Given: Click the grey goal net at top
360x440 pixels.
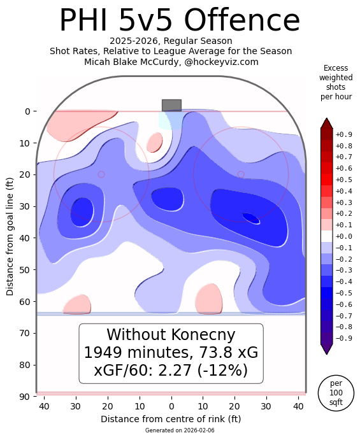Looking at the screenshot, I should pos(171,105).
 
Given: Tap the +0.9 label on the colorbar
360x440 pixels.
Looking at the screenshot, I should pos(343,134).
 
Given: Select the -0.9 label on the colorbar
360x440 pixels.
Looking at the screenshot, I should pos(343,339).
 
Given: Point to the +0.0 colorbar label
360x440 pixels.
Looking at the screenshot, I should pos(343,237).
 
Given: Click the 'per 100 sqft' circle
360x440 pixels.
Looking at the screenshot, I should pos(336,392).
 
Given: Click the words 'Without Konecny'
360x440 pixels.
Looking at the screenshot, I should pos(171,335).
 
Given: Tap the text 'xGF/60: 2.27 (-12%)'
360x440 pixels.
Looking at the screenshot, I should pos(171,370).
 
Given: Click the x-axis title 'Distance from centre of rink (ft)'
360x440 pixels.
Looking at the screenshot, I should pos(171,419).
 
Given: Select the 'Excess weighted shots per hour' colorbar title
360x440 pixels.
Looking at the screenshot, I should pos(336,83).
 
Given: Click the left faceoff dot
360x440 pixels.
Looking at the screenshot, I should pos(101,174).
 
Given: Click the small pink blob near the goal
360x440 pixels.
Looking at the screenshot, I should pos(154,143).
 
